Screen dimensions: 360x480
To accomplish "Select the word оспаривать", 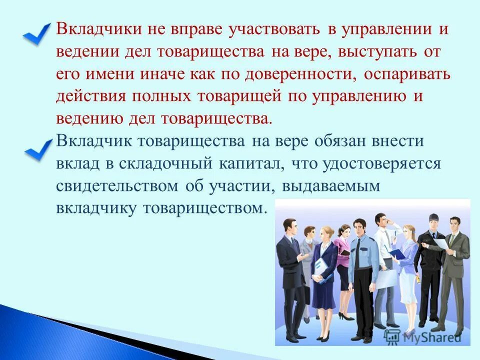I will [407, 74].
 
